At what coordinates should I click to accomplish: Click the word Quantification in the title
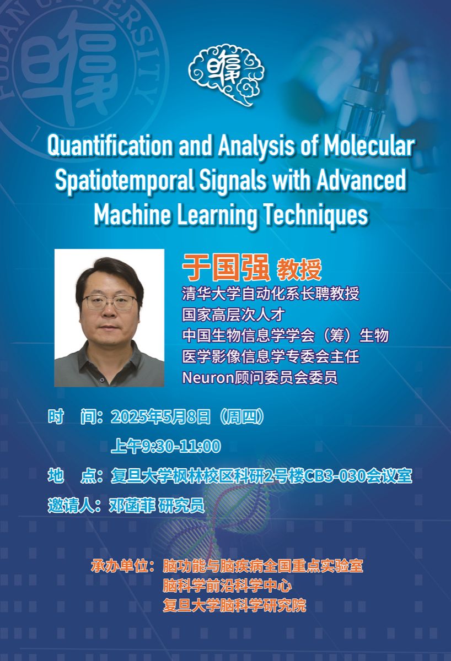pos(110,146)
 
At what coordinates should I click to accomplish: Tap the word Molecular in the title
pos(369,145)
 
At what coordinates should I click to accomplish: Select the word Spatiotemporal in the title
pos(125,180)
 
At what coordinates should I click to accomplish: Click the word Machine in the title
pos(133,214)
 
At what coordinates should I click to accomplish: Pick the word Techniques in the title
pos(316,215)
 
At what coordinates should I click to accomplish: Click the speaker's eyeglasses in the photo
pos(109,302)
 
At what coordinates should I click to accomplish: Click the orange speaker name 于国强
pos(226,268)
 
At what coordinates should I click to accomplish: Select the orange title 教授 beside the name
pos(299,269)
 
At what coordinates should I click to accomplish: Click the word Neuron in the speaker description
pos(208,378)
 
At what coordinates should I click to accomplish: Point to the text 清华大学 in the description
pos(212,294)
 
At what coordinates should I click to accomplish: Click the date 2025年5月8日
pos(160,417)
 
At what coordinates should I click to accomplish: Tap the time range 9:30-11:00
pos(181,446)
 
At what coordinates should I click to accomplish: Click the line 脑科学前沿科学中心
pos(227,586)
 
